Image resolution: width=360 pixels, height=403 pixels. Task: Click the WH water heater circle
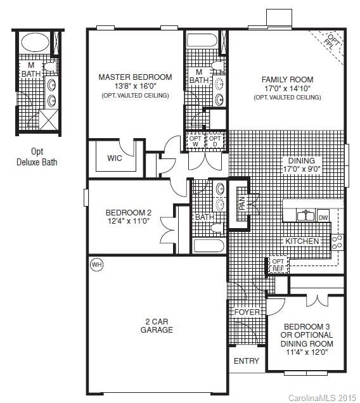pyautogui.click(x=96, y=264)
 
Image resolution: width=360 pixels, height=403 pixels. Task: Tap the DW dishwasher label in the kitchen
pyautogui.click(x=323, y=217)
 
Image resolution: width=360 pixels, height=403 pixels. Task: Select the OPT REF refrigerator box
pyautogui.click(x=278, y=264)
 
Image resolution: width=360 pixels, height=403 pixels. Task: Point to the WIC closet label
pyautogui.click(x=115, y=158)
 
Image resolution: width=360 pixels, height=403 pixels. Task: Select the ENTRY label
pyautogui.click(x=247, y=361)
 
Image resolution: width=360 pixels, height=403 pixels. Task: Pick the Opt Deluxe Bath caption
pyautogui.click(x=37, y=157)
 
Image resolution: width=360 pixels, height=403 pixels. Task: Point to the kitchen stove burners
pyautogui.click(x=337, y=241)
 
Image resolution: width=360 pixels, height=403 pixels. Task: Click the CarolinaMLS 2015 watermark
pyautogui.click(x=323, y=397)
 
